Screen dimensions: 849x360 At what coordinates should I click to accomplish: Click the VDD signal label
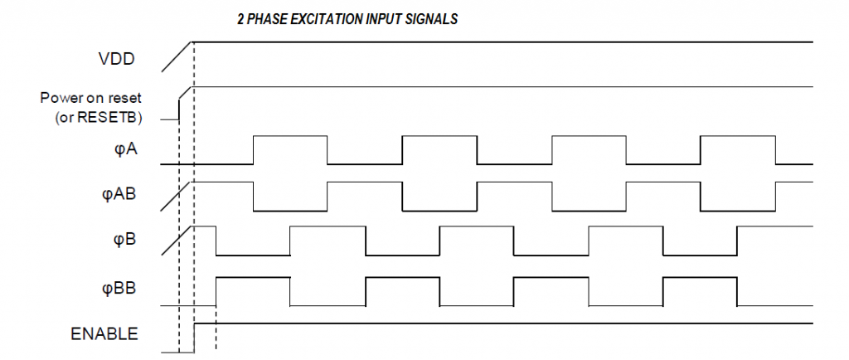pos(117,58)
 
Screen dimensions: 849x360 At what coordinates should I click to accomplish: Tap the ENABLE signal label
pos(104,334)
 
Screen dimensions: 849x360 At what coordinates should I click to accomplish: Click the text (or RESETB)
pos(99,118)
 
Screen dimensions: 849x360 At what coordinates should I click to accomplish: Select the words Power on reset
pos(91,98)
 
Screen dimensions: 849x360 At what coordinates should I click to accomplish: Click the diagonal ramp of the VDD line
pos(177,56)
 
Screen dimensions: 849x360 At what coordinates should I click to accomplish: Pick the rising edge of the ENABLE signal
pos(194,338)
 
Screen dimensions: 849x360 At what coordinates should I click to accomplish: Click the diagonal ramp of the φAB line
pos(177,197)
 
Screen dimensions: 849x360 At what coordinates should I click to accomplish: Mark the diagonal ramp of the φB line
pos(177,241)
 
